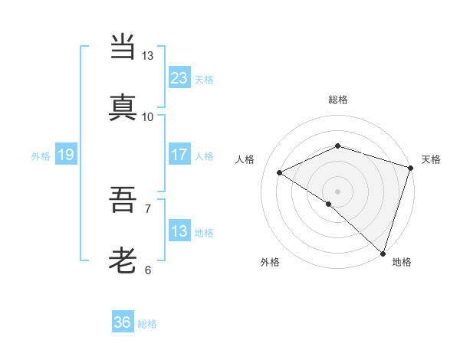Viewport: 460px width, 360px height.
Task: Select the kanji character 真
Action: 123,107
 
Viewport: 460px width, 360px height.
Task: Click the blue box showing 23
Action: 179,77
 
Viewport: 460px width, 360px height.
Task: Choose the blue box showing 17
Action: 179,155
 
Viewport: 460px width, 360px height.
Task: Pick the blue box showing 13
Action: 179,231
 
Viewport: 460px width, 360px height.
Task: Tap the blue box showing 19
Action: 66,155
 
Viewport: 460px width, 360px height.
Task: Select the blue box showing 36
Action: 123,322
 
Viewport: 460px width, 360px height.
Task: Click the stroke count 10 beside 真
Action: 148,117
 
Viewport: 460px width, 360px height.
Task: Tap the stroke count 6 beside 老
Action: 148,270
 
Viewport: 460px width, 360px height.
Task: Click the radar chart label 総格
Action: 338,100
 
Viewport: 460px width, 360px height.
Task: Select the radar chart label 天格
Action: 432,159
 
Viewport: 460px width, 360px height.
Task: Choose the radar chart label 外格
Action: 270,262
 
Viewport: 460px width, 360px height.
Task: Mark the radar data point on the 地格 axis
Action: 383,253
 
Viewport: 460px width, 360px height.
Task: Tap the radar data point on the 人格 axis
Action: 280,172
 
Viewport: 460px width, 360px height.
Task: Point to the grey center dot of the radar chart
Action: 337,191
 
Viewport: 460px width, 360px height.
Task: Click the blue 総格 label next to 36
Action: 147,324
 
